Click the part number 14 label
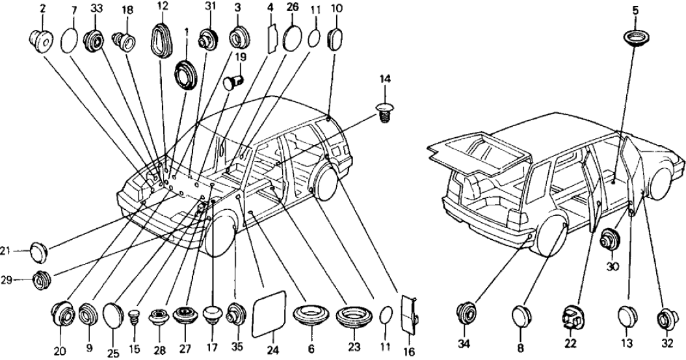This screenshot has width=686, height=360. pyautogui.click(x=384, y=79)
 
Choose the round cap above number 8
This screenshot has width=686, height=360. pyautogui.click(x=521, y=316)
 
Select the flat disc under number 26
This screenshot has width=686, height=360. pyautogui.click(x=292, y=38)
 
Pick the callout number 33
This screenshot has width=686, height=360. pyautogui.click(x=97, y=10)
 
